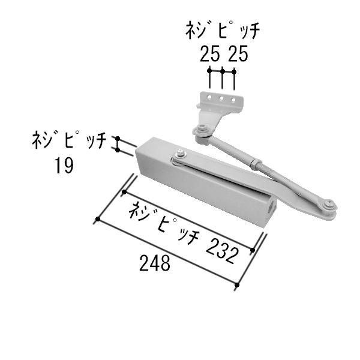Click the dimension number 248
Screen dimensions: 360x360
tap(155, 262)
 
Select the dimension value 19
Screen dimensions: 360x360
tap(62, 164)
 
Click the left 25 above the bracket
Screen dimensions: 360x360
tap(210, 55)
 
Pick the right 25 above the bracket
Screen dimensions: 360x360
tap(236, 55)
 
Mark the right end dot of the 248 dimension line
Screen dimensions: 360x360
tap(239, 285)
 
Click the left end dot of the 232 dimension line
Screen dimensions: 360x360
tap(124, 192)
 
